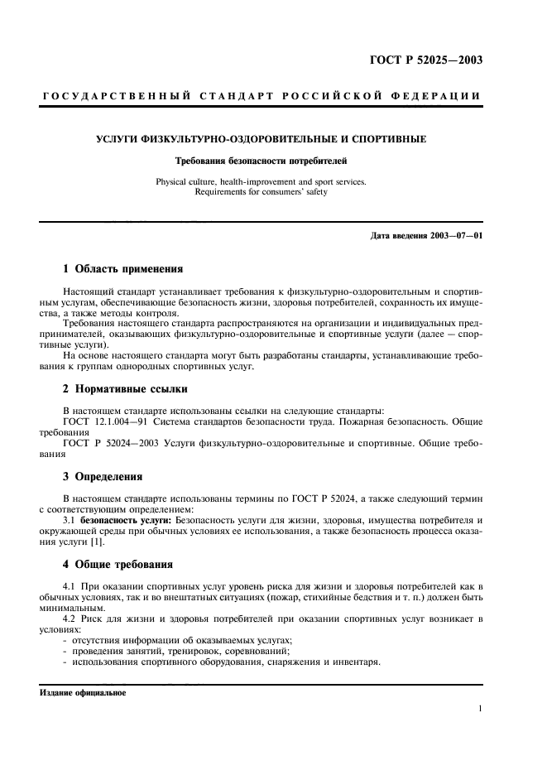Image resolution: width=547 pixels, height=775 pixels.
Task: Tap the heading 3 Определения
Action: [x=103, y=477]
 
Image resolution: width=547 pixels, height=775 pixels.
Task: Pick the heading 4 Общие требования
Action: [x=118, y=566]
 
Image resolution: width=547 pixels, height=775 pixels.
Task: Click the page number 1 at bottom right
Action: [x=480, y=709]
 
